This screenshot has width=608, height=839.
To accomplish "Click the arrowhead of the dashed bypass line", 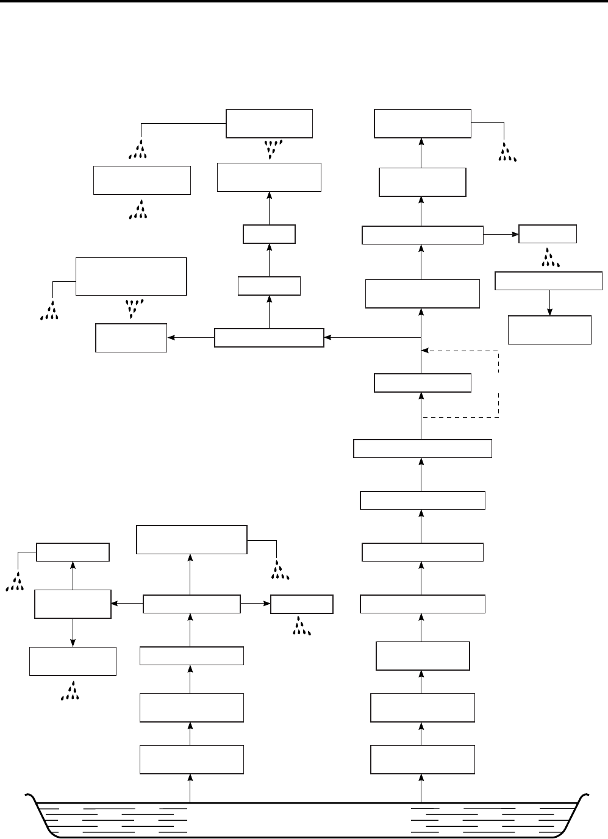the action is [x=426, y=351].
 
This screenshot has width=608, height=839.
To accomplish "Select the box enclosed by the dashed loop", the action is [x=422, y=383].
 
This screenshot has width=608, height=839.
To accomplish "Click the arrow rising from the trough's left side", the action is [x=190, y=787].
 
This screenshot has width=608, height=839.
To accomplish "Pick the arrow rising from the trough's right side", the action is [x=421, y=787].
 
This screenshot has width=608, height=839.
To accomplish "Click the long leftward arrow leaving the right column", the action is [x=372, y=337].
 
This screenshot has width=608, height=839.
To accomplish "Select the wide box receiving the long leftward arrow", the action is [x=269, y=338].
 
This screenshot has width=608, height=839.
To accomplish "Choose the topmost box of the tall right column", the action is [x=422, y=124].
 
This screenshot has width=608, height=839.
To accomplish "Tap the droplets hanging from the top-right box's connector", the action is [x=507, y=152].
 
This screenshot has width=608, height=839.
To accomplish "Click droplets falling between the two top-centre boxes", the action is [x=270, y=148].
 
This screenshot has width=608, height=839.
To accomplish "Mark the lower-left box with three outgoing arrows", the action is [x=191, y=604].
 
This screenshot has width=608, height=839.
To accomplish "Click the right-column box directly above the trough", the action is [x=423, y=759].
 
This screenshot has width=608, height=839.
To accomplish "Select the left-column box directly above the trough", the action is [x=191, y=759].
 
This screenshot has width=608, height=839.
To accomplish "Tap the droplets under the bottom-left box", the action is [x=72, y=690].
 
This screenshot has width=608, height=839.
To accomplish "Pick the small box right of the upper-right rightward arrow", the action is [x=547, y=234].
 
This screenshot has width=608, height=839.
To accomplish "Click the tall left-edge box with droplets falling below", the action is [x=131, y=276].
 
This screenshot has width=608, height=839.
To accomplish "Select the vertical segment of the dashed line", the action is [x=499, y=384].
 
